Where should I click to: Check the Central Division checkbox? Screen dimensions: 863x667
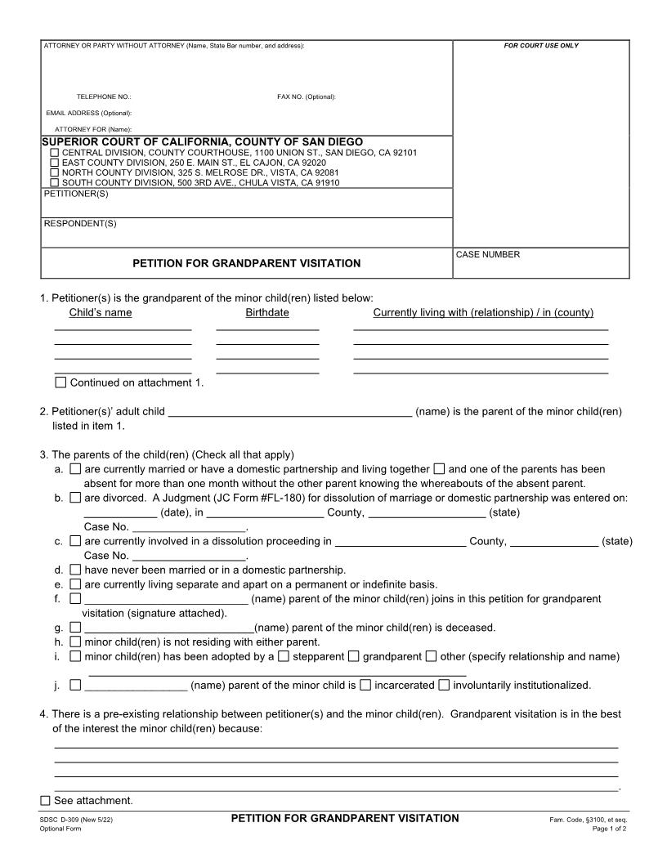55,153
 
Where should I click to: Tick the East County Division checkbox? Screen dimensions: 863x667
55,163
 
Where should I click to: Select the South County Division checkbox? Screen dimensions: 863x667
55,182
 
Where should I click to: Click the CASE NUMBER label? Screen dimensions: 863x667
488,255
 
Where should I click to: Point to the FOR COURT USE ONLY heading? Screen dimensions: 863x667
541,46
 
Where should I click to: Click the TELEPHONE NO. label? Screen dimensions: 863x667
98,97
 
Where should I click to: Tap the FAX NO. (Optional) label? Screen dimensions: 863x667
307,97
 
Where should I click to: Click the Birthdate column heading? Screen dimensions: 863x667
267,312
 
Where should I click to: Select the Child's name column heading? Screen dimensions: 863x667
101,312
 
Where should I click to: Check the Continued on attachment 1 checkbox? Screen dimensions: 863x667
60,382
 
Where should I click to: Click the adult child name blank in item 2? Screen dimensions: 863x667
289,412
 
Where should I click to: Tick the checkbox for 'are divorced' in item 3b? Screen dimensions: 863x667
75,497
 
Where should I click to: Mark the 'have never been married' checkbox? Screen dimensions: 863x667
75,570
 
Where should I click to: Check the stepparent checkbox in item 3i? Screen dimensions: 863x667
283,656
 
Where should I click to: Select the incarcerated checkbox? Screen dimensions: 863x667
366,685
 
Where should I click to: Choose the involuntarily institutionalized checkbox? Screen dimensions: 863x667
445,685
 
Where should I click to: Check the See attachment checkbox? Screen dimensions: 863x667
46,800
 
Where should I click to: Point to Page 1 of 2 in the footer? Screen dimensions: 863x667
610,829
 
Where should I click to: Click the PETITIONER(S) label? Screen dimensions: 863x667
76,195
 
